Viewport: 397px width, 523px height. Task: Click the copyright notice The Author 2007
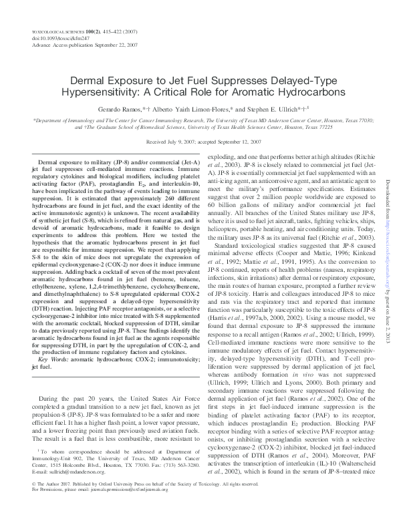pos(53,500)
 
